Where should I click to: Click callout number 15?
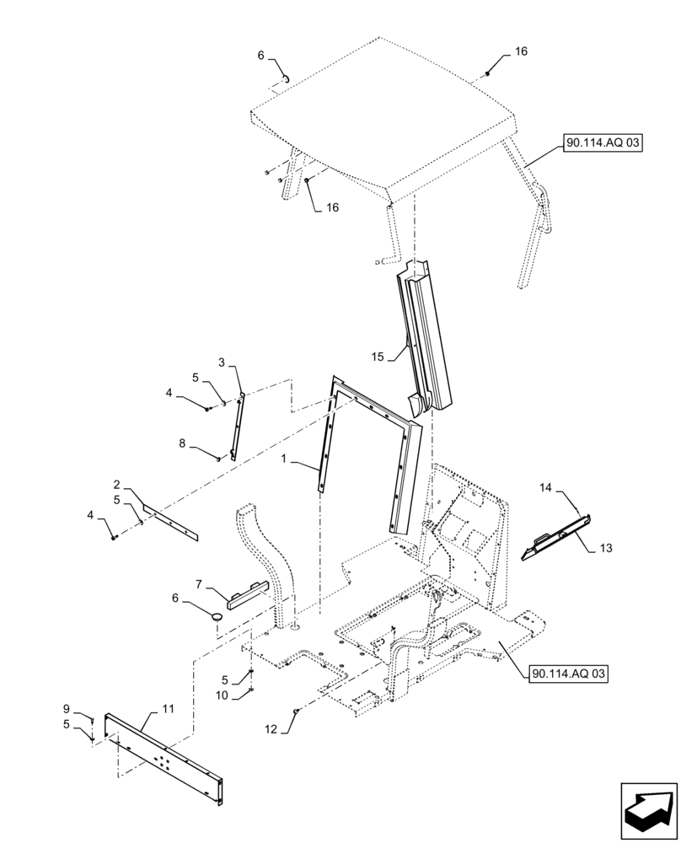point(376,357)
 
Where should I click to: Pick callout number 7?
point(198,584)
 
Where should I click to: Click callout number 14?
point(545,487)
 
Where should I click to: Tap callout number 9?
point(67,709)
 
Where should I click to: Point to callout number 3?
point(222,362)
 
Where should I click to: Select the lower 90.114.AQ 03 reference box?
point(569,674)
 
